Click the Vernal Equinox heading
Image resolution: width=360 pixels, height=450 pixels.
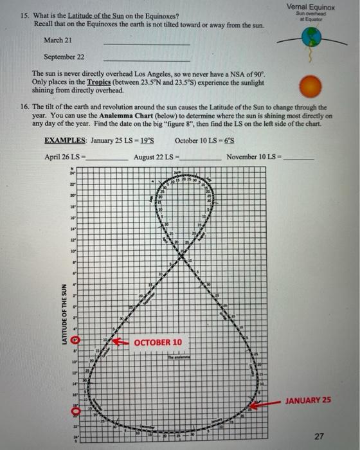(x=310, y=6)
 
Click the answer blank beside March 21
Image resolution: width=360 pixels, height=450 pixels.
(x=147, y=42)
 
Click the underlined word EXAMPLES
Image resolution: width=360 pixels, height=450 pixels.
(x=65, y=141)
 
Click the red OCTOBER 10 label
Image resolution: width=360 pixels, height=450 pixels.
(x=157, y=342)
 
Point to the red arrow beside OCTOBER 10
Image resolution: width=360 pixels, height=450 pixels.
(x=120, y=342)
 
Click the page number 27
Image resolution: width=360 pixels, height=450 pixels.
(x=319, y=436)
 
